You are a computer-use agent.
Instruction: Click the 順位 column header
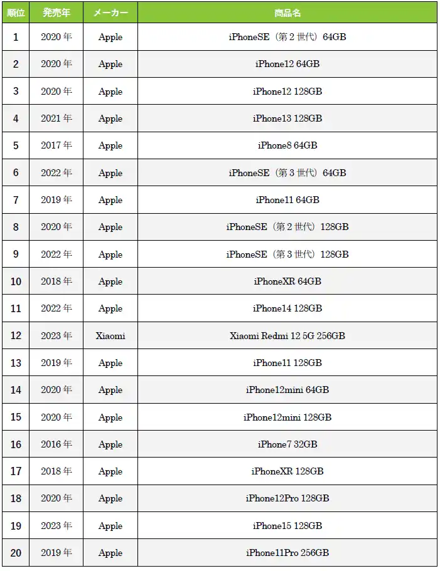point(16,13)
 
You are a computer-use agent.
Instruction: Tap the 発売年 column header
point(56,13)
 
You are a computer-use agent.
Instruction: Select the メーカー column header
point(110,13)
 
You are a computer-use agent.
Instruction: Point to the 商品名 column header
point(287,13)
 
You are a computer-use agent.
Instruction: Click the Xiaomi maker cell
point(110,336)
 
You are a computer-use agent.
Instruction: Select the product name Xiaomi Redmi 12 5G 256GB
point(287,336)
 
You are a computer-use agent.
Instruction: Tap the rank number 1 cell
point(16,37)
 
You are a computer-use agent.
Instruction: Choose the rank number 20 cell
point(16,553)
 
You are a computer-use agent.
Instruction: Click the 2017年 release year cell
point(56,145)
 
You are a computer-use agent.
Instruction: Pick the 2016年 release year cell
point(56,444)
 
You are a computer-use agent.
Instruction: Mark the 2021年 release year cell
point(56,118)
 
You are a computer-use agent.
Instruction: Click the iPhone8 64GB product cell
point(287,145)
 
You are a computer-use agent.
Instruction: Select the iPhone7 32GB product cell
point(287,444)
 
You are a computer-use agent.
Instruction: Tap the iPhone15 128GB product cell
point(287,526)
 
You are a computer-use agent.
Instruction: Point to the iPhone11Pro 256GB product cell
point(287,553)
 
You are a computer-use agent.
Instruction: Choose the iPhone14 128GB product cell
point(287,308)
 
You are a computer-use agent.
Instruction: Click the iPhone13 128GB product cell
point(287,118)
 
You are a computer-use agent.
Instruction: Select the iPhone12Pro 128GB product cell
point(287,498)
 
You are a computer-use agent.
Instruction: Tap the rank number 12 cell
point(16,336)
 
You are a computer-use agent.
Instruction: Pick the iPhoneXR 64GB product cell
point(287,281)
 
